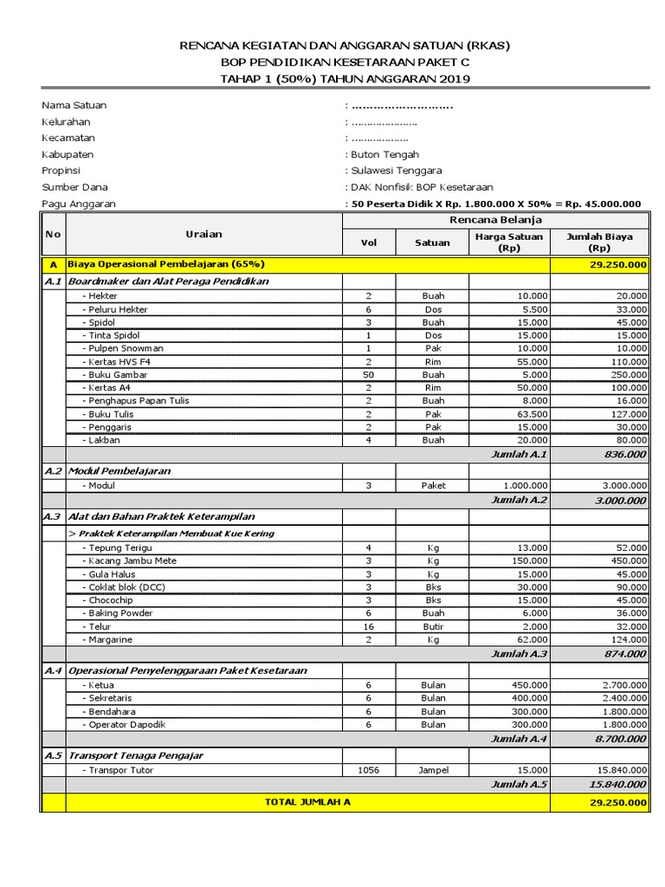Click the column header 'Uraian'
(x=203, y=234)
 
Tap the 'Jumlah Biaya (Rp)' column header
(x=598, y=242)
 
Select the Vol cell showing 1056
(x=368, y=769)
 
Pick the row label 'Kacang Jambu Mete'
(x=129, y=560)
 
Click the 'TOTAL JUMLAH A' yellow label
(x=307, y=803)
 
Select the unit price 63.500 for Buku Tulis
(x=529, y=414)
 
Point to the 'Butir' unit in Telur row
(x=433, y=626)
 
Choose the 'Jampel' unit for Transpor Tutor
(x=433, y=769)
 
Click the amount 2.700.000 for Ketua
(x=623, y=684)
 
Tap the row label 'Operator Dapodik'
(x=124, y=724)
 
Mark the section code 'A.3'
(x=53, y=516)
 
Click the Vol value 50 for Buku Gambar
(x=368, y=374)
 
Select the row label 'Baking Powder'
(x=118, y=613)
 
